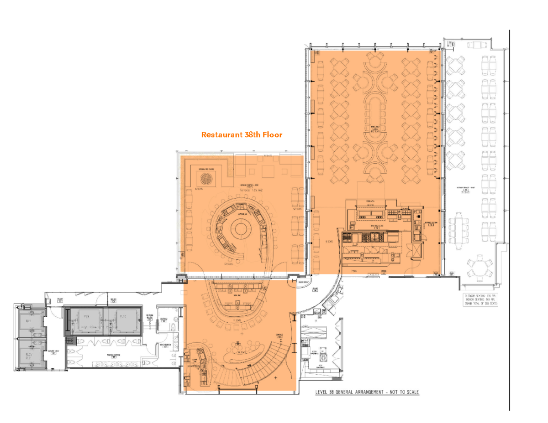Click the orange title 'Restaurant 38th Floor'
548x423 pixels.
pyautogui.click(x=242, y=135)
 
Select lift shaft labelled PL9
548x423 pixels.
pyautogui.click(x=85, y=321)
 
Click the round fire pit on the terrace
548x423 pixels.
pyautogui.click(x=207, y=177)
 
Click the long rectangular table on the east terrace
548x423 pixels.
pyautogui.click(x=458, y=230)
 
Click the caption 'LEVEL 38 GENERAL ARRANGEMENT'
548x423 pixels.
pyautogui.click(x=367, y=392)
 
